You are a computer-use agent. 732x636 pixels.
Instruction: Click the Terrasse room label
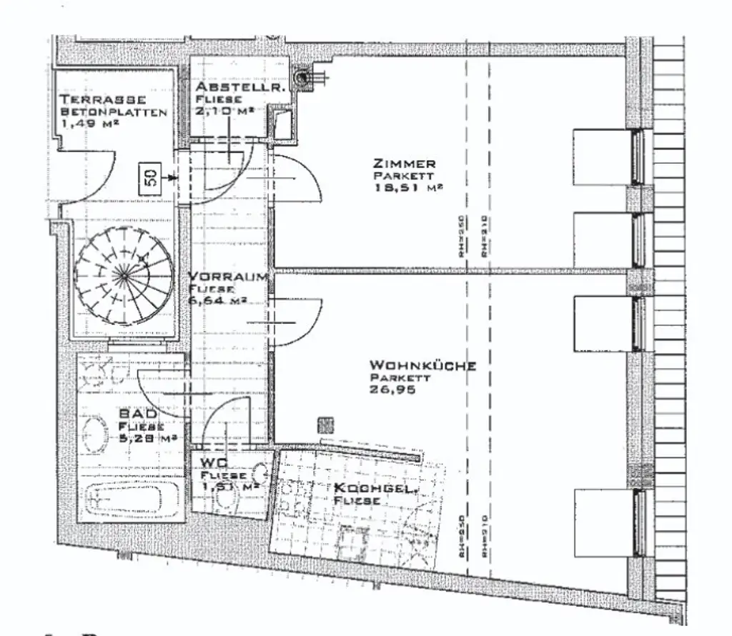(x=103, y=99)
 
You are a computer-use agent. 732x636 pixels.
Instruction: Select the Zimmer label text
(x=404, y=164)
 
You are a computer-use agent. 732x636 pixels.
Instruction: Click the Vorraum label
(x=228, y=277)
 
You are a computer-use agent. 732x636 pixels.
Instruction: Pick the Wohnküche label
(x=423, y=366)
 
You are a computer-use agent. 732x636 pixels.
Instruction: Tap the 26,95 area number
(x=392, y=390)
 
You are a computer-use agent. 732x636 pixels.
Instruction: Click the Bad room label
(x=134, y=414)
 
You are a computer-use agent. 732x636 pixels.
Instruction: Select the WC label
(x=213, y=462)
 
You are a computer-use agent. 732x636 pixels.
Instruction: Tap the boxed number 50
(x=152, y=177)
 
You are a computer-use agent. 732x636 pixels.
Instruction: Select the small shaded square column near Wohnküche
(x=325, y=425)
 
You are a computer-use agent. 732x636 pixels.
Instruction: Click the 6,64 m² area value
(x=217, y=301)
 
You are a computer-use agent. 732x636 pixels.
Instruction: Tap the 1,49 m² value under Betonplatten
(x=89, y=123)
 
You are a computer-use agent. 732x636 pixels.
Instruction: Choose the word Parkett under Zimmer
(x=404, y=175)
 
